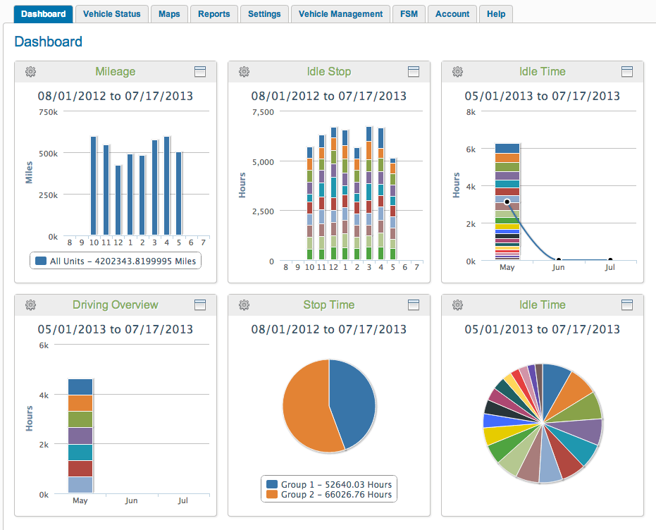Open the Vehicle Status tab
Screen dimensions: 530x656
pyautogui.click(x=111, y=13)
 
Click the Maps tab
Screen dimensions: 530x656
pyautogui.click(x=169, y=13)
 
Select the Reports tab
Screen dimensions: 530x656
pyautogui.click(x=213, y=13)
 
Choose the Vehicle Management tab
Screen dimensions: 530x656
pyautogui.click(x=340, y=13)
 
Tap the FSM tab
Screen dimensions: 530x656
pyautogui.click(x=409, y=13)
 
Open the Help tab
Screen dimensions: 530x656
pyautogui.click(x=496, y=13)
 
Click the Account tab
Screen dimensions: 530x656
pyautogui.click(x=452, y=13)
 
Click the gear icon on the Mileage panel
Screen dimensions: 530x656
pyautogui.click(x=30, y=71)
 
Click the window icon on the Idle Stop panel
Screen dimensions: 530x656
pyautogui.click(x=414, y=71)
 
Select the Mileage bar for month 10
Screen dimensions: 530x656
pyautogui.click(x=94, y=186)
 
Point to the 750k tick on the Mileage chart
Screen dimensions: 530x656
pyautogui.click(x=49, y=111)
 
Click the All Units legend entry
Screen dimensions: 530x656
pyautogui.click(x=116, y=261)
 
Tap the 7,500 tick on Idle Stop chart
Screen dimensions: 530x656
pyautogui.click(x=261, y=111)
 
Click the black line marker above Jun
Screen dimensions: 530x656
pyautogui.click(x=559, y=260)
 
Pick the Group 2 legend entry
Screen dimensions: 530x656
pyautogui.click(x=328, y=495)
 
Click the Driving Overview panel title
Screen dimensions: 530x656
pyautogui.click(x=116, y=304)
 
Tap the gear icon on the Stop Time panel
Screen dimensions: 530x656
pyautogui.click(x=244, y=304)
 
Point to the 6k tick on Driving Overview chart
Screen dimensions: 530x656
pyautogui.click(x=44, y=345)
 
